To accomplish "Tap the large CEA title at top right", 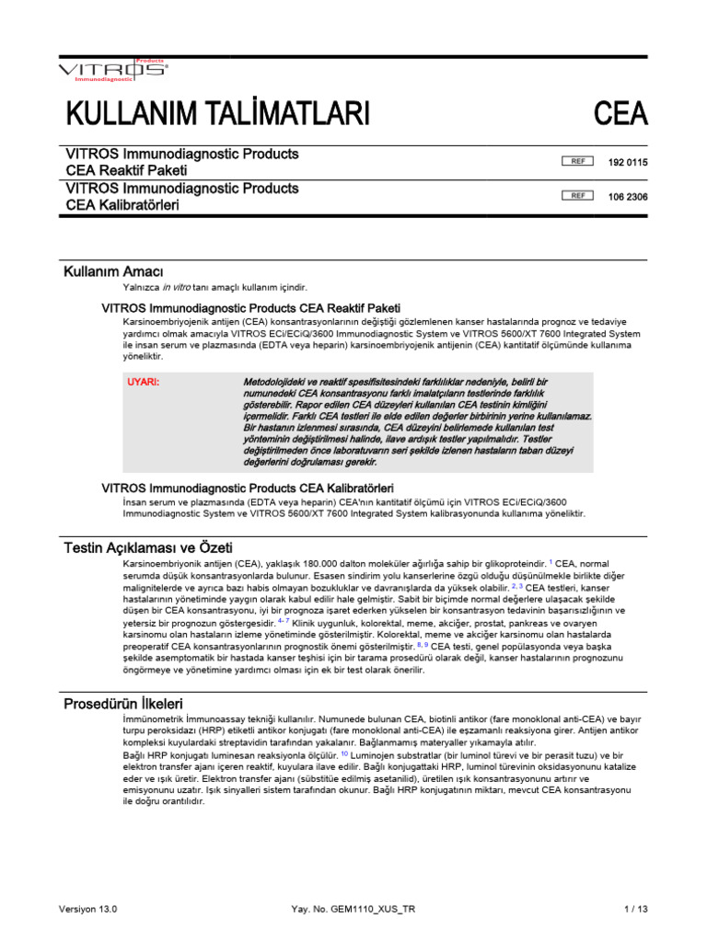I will (620, 115).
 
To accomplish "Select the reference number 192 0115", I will (628, 162).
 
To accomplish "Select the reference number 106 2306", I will (628, 196).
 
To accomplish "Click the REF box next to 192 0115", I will (577, 162).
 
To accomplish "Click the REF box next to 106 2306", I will (577, 196).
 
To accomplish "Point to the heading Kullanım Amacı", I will (113, 271).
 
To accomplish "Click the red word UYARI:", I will (143, 381).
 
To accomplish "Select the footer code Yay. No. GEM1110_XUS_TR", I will (353, 909).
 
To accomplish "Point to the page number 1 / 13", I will (635, 909).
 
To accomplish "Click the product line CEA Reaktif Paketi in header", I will (126, 170).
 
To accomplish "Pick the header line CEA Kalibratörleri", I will (122, 205).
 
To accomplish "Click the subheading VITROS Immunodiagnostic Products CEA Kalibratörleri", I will (247, 486).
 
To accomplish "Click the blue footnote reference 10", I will (344, 752).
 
